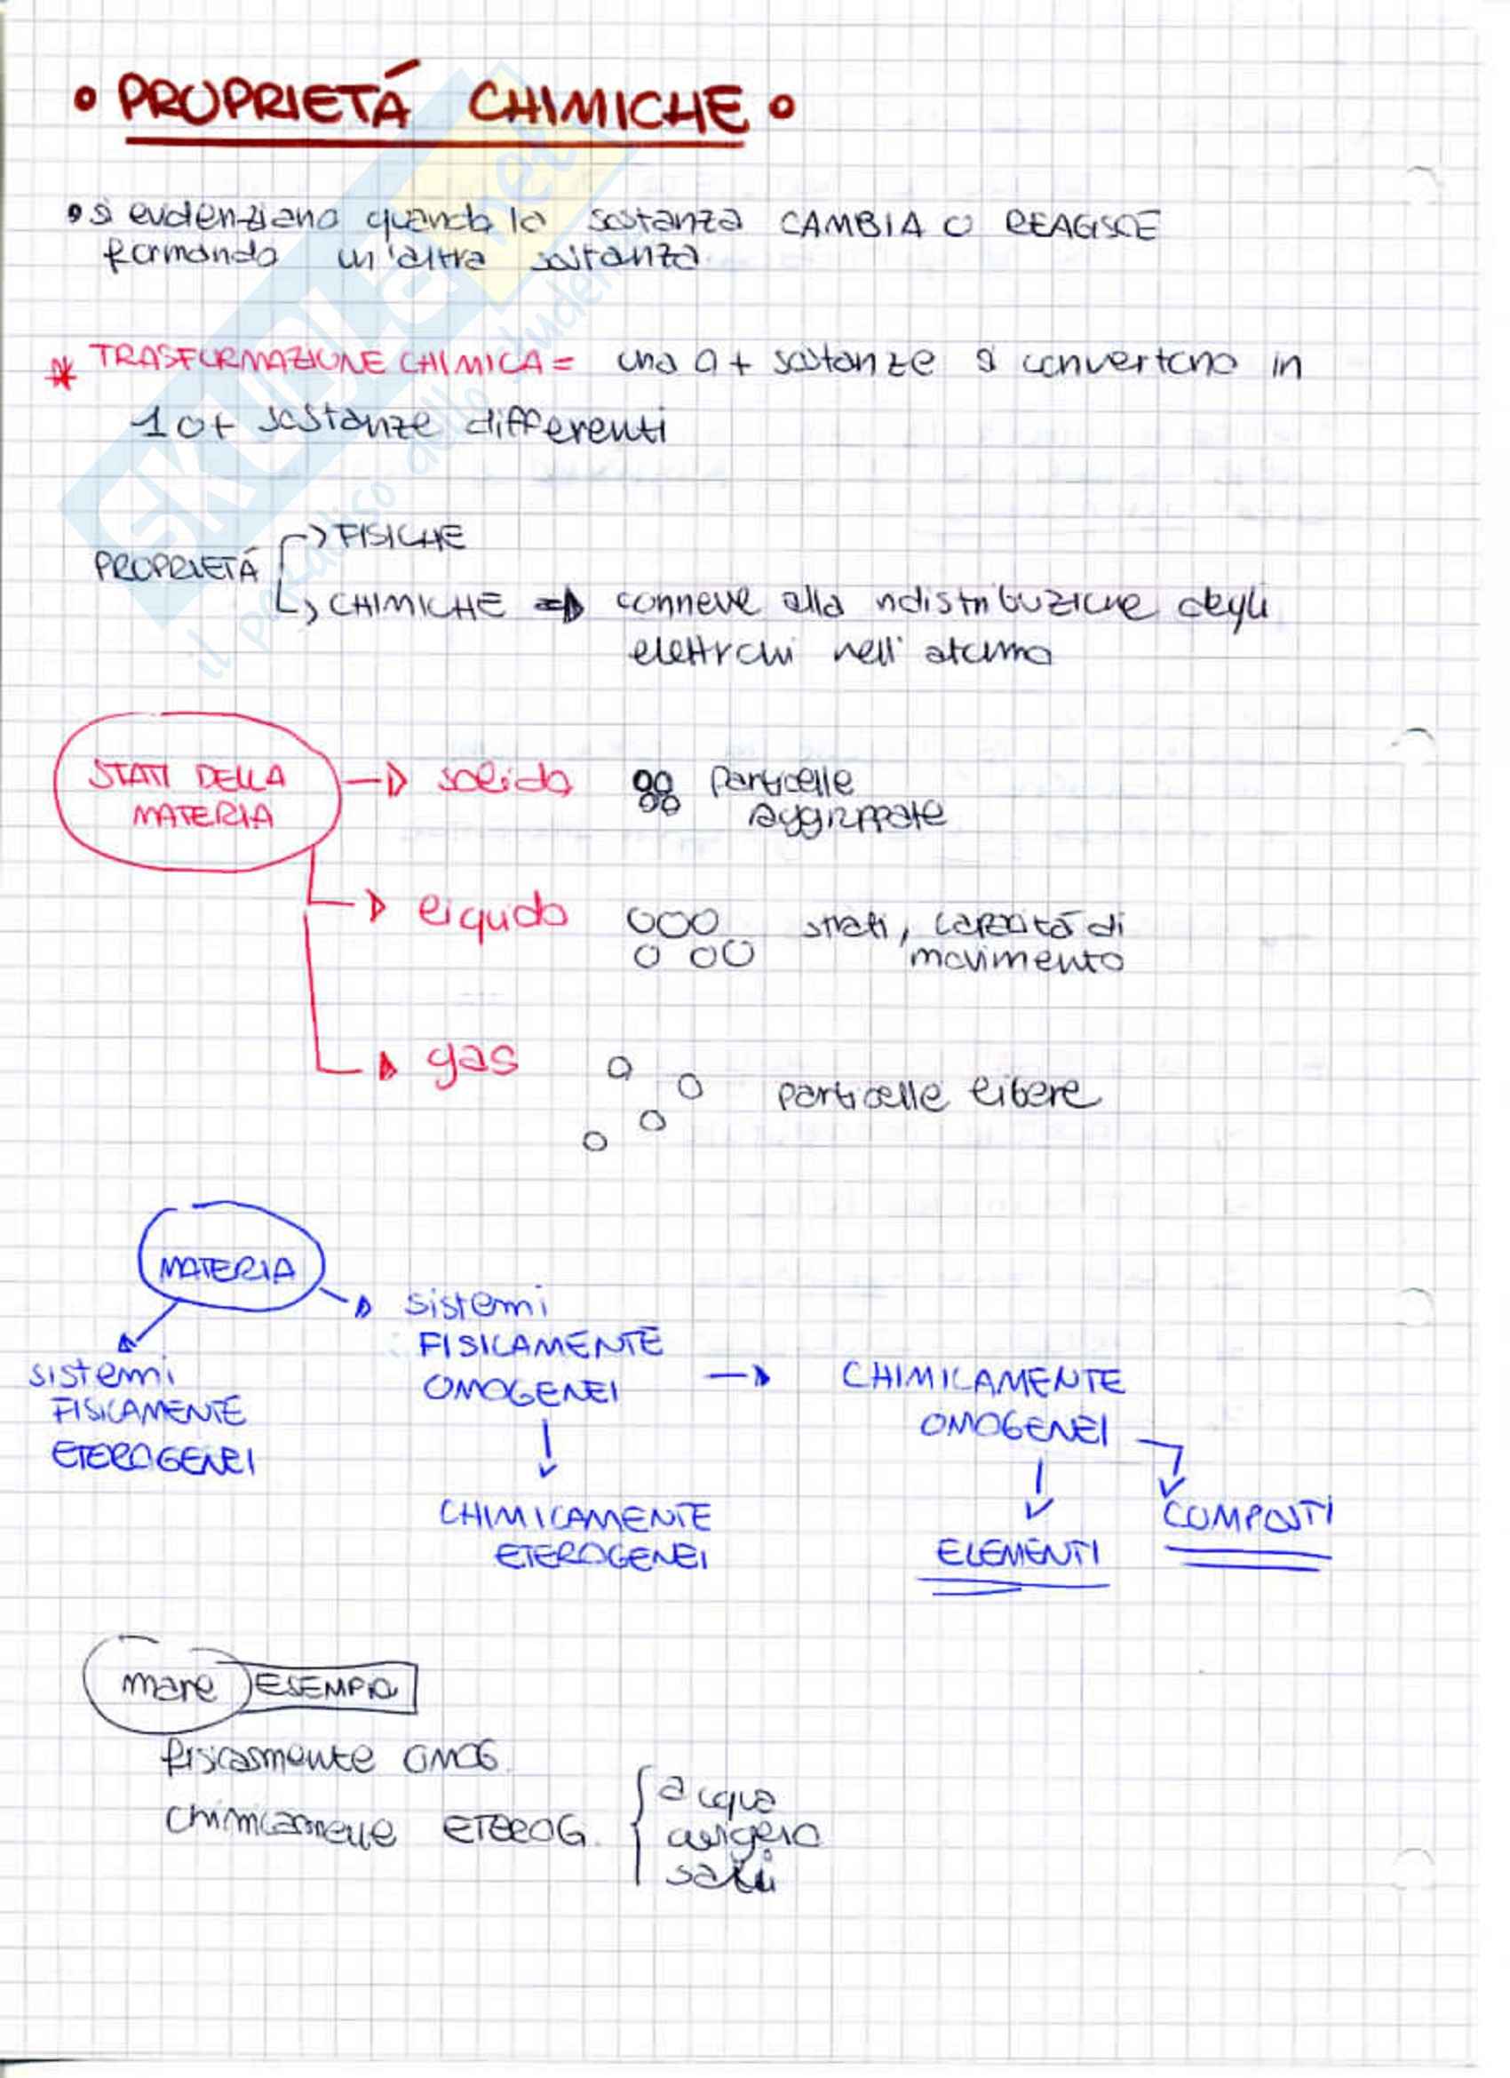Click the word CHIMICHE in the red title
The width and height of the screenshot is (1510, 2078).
606,109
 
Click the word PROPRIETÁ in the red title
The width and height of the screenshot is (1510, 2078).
264,103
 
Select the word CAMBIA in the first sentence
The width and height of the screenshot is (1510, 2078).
851,225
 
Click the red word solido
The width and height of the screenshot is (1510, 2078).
505,781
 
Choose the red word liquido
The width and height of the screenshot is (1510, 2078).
492,912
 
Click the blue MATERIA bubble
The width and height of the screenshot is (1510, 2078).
228,1268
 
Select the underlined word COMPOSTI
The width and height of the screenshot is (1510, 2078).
1247,1517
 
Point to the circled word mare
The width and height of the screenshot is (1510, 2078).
169,1685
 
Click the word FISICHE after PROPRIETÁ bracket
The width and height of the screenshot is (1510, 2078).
401,537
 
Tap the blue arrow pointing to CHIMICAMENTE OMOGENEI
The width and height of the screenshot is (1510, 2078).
738,1376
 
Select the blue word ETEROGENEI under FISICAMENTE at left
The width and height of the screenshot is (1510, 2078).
153,1459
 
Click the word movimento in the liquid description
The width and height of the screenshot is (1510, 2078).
1015,960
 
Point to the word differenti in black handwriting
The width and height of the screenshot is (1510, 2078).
565,428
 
